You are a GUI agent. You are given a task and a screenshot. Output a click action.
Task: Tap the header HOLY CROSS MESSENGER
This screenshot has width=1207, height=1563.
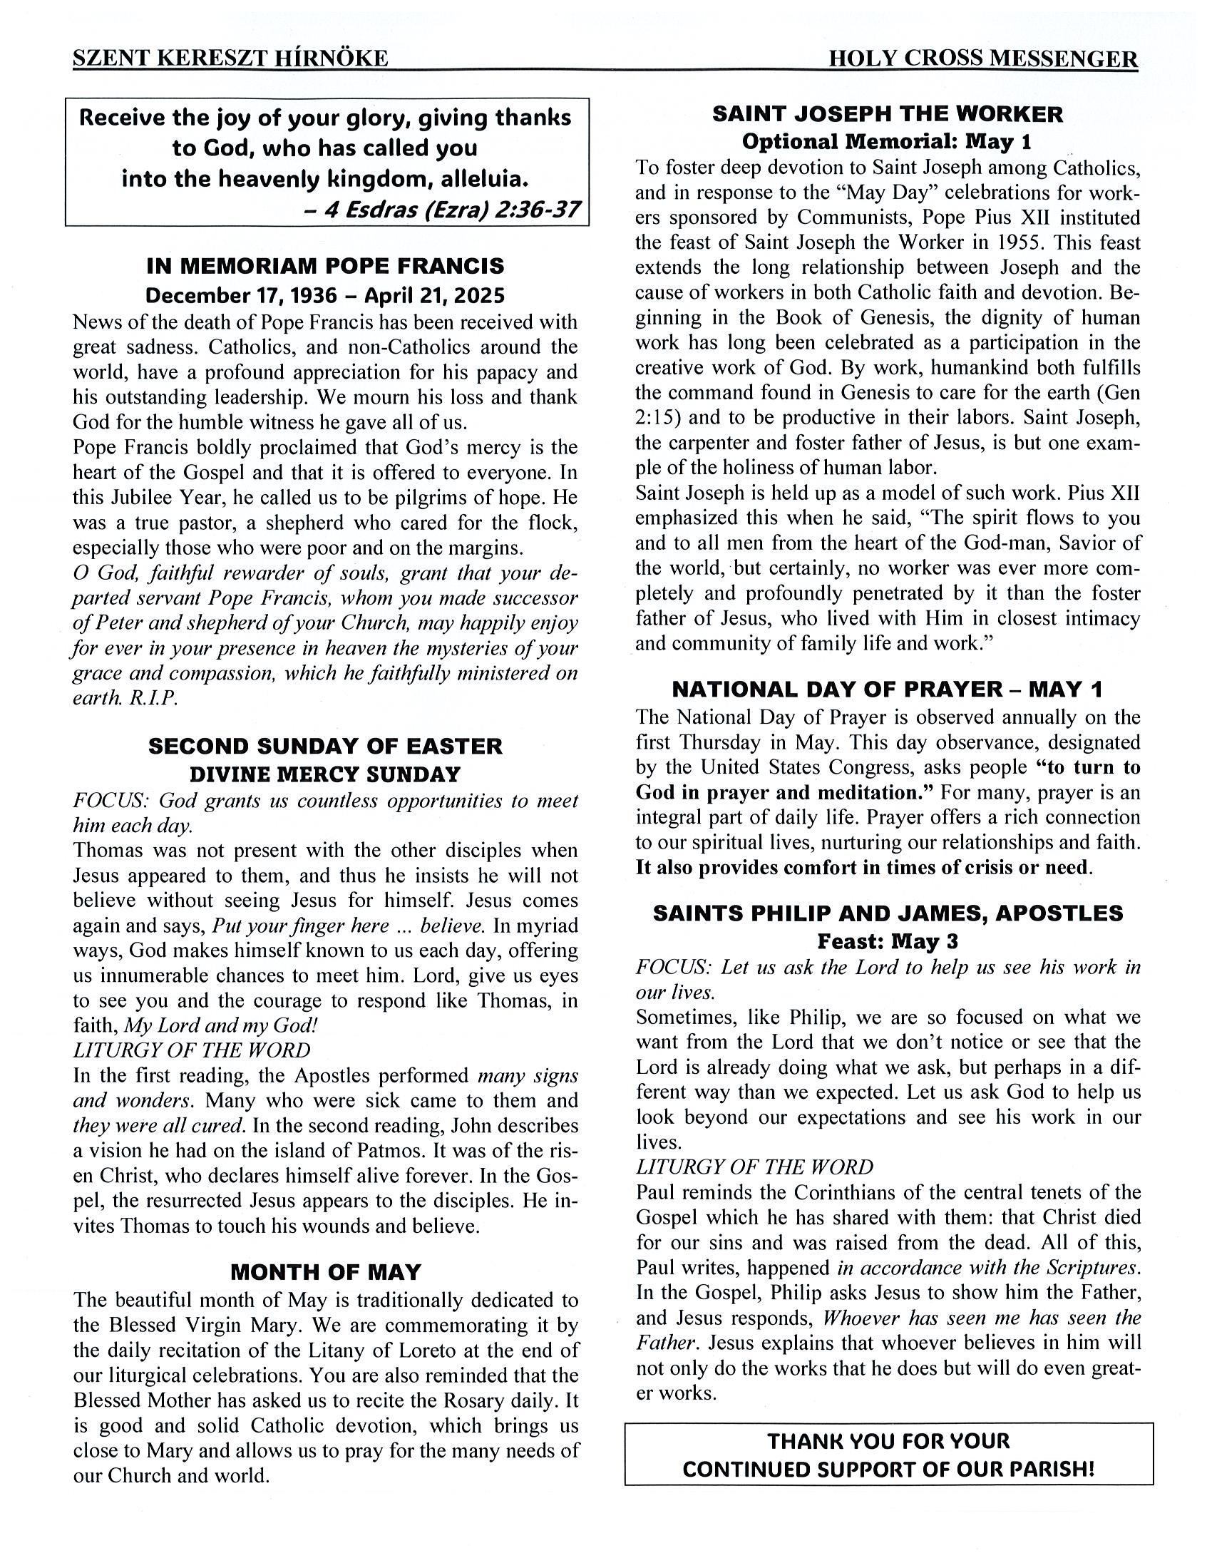click(x=982, y=58)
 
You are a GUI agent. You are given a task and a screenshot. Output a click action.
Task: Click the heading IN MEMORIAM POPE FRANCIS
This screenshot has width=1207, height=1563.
click(x=326, y=266)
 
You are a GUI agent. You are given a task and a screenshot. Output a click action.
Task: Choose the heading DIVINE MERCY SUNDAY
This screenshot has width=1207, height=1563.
click(x=326, y=774)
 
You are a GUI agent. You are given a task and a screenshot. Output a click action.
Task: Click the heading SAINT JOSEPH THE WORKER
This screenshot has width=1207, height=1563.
click(x=888, y=115)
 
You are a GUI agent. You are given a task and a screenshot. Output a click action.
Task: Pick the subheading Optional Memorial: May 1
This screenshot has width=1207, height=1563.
click(x=886, y=142)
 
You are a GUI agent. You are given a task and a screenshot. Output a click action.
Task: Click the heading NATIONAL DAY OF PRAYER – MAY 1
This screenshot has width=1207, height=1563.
click(x=887, y=690)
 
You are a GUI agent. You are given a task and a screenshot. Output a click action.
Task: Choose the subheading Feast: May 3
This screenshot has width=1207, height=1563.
click(x=887, y=941)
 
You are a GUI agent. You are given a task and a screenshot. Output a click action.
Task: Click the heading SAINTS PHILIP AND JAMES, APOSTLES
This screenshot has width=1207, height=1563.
click(x=888, y=913)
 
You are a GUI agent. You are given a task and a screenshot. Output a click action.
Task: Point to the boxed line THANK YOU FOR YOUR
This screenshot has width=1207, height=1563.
click(x=888, y=1440)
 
